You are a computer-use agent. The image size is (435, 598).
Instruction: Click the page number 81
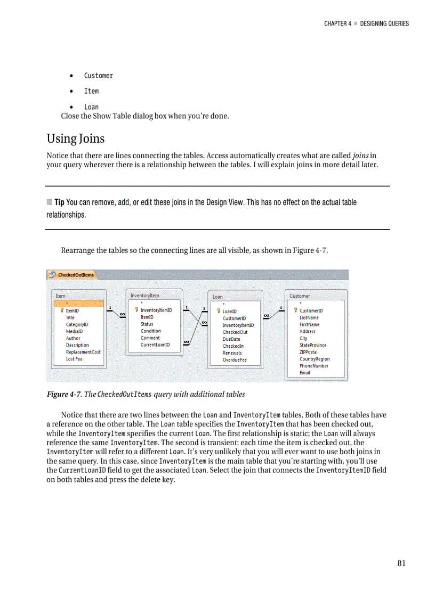401,563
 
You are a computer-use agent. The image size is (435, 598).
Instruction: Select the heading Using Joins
76,138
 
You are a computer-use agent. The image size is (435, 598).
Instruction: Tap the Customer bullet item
99,76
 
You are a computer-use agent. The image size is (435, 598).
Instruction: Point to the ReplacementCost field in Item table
83,352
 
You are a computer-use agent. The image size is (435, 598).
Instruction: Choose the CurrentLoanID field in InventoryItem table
155,345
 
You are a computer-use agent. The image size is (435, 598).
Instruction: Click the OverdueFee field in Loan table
235,360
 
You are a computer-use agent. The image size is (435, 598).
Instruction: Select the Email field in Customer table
304,373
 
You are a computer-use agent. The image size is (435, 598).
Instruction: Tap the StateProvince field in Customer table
313,345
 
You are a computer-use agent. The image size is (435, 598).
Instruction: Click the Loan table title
217,297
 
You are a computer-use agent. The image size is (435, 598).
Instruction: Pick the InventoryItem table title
144,296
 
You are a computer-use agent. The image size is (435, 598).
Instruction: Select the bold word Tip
59,202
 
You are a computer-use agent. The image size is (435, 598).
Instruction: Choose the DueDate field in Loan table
231,339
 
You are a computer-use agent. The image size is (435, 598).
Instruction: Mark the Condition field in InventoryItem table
150,331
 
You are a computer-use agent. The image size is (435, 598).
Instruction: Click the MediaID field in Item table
74,331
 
